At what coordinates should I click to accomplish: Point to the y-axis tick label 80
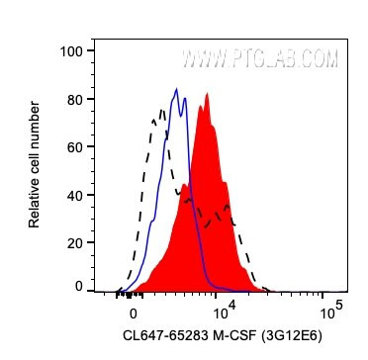pyautogui.click(x=71, y=99)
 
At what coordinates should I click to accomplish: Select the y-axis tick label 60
pyautogui.click(x=71, y=146)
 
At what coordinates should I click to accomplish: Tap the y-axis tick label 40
pyautogui.click(x=71, y=195)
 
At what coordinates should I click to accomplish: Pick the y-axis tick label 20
pyautogui.click(x=71, y=242)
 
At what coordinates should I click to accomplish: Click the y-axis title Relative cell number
pyautogui.click(x=35, y=168)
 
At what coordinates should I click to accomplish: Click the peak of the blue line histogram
pyautogui.click(x=176, y=89)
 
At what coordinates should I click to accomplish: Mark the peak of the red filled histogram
pyautogui.click(x=206, y=94)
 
